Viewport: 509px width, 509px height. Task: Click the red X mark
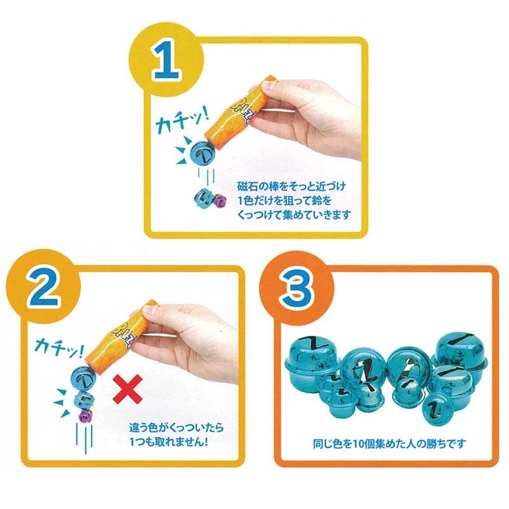pyautogui.click(x=128, y=389)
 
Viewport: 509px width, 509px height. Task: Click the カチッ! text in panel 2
pyautogui.click(x=59, y=347)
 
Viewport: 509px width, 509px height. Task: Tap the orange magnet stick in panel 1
pyautogui.click(x=241, y=110)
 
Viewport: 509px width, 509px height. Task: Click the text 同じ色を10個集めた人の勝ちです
pyautogui.click(x=389, y=443)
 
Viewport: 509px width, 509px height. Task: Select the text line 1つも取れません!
pyautogui.click(x=169, y=442)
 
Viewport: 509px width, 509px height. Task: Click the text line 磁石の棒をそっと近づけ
pyautogui.click(x=292, y=186)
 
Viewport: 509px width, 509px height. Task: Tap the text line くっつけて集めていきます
pyautogui.click(x=295, y=214)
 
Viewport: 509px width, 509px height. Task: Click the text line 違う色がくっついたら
pyautogui.click(x=177, y=427)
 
